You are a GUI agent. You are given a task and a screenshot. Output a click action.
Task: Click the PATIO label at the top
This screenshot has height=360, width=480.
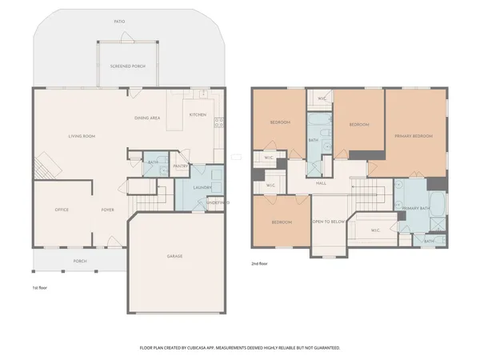118,22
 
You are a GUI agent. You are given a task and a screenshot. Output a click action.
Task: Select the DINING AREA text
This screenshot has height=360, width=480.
147,118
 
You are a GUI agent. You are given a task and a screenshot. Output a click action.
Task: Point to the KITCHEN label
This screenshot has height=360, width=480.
198,114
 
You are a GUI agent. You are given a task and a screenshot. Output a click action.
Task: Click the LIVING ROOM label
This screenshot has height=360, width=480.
82,137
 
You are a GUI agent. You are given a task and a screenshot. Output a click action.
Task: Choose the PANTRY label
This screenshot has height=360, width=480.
179,166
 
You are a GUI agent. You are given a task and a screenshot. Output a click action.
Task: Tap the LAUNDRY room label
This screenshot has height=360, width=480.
202,189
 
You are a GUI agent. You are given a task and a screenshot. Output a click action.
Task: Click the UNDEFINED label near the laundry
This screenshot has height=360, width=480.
218,203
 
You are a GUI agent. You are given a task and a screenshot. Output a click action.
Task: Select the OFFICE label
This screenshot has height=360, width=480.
62,210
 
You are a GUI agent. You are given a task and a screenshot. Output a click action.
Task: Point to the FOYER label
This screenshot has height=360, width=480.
107,210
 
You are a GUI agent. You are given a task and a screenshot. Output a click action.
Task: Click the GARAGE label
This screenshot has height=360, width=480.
174,256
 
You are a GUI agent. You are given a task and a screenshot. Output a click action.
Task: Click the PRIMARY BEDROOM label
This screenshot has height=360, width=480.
413,136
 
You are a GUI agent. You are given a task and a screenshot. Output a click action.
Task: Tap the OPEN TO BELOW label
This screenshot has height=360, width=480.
328,222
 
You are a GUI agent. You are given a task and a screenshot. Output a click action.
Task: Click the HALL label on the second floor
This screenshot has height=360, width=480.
321,183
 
